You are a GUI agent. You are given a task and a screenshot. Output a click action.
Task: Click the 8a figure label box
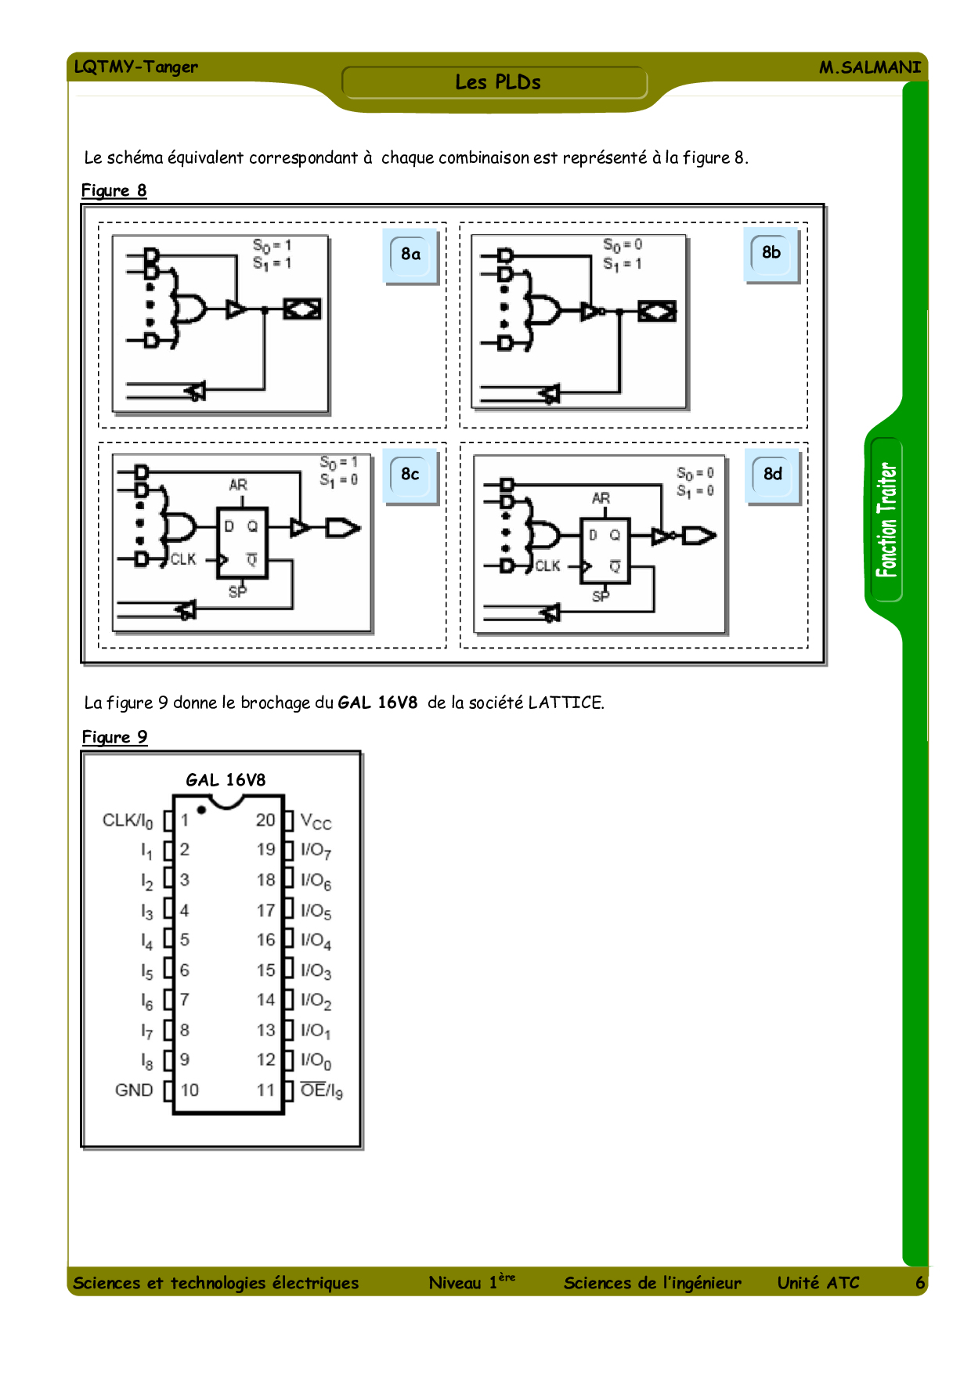[411, 255]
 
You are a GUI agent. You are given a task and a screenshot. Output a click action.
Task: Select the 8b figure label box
[771, 253]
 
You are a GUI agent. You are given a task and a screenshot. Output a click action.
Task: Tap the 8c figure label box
[410, 475]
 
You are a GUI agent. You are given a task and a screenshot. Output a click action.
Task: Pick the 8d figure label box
[773, 475]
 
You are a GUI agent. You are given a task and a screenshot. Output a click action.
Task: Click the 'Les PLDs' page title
[498, 82]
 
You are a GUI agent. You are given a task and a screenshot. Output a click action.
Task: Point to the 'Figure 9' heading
[114, 737]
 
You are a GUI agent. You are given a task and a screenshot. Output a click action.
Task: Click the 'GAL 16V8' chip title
[226, 780]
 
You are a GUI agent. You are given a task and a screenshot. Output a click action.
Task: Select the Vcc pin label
[316, 822]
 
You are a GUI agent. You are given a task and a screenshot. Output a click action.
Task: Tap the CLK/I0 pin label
[128, 821]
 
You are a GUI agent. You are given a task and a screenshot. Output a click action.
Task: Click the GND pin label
[134, 1090]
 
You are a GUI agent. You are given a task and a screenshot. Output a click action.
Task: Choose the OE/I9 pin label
[322, 1090]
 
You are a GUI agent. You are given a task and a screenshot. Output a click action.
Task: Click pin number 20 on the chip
[265, 820]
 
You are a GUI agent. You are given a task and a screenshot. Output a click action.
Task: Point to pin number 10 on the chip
[190, 1090]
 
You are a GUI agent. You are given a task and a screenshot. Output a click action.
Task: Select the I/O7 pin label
[316, 851]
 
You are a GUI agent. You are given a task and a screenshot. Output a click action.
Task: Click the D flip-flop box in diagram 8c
[243, 543]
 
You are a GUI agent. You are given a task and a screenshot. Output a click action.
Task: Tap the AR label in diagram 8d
[601, 498]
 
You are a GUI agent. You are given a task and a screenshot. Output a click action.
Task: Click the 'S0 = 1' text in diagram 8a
[272, 246]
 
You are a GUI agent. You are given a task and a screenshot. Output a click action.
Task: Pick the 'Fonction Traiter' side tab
[886, 520]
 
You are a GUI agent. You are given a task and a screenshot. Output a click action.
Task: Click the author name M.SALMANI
[870, 67]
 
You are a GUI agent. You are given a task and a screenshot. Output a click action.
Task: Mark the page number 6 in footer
[920, 1283]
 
